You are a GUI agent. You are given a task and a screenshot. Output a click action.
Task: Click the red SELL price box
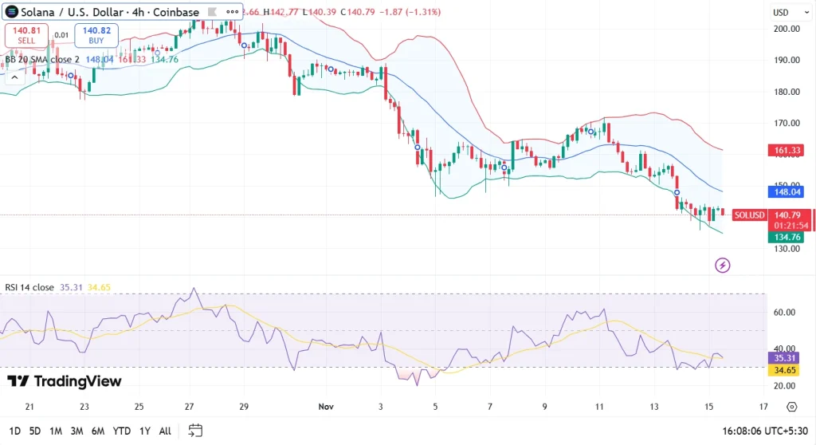(x=26, y=35)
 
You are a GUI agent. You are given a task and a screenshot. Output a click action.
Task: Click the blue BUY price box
(x=96, y=35)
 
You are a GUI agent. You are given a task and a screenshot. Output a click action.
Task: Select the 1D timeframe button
(x=15, y=431)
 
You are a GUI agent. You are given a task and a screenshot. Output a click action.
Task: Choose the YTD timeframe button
(x=123, y=431)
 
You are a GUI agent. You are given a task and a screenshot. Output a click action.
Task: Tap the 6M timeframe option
(x=98, y=431)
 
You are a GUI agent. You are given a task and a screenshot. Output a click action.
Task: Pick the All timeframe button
(x=165, y=431)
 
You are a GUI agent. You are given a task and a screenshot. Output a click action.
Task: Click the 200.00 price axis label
(x=787, y=29)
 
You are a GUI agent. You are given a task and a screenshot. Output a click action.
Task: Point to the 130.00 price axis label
(x=787, y=249)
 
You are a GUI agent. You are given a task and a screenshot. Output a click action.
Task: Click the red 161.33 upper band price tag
(x=786, y=150)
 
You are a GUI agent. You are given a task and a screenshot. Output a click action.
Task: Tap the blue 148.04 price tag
(x=786, y=191)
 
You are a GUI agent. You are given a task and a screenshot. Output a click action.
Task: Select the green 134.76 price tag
(x=786, y=237)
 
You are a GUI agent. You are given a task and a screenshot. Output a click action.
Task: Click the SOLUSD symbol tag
(x=750, y=215)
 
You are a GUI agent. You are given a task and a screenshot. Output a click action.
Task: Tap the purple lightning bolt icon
(x=723, y=265)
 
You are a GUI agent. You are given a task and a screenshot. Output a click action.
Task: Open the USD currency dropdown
(x=786, y=13)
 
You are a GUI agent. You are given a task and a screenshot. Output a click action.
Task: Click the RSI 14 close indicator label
(x=28, y=287)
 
